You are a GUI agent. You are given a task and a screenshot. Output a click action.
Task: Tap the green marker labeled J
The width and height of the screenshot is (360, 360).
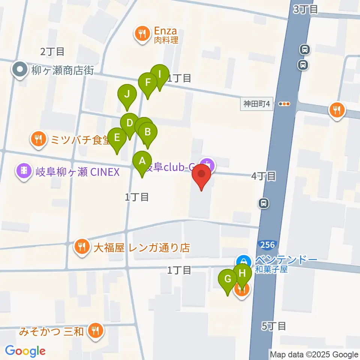[x=127, y=94]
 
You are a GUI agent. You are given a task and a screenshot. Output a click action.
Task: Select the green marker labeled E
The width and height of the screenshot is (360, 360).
[x=117, y=138]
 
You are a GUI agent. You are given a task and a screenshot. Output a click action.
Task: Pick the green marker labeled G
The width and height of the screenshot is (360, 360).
[x=228, y=279]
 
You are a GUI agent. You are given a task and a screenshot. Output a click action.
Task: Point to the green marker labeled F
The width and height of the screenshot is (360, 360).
[x=148, y=82]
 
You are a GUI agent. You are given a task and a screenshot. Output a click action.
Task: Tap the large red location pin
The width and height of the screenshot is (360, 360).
[x=201, y=174]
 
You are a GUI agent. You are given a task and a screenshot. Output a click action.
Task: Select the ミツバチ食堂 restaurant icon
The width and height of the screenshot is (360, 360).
[x=38, y=139]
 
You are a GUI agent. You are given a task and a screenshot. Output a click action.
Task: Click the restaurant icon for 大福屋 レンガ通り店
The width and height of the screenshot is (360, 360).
[x=81, y=247]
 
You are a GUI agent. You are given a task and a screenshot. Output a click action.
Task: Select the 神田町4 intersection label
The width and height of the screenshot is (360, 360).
[x=257, y=104]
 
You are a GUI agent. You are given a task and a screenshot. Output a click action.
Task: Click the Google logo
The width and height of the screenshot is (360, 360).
[x=25, y=351]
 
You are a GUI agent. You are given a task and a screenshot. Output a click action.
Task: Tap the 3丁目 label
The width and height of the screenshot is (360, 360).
[x=305, y=9]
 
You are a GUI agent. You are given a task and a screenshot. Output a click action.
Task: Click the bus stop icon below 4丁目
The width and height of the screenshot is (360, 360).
[x=264, y=203]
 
